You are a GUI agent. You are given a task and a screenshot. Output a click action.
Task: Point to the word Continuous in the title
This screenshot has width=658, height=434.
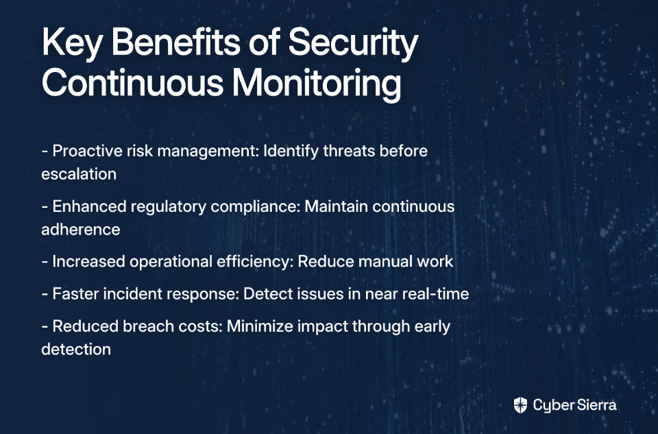coord(132,83)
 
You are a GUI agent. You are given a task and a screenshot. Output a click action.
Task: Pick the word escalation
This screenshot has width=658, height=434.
coord(79,173)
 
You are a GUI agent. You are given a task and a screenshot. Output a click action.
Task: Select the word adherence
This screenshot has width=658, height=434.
coord(81,229)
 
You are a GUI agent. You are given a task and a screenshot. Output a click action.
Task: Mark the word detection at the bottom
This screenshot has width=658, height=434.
coord(76,349)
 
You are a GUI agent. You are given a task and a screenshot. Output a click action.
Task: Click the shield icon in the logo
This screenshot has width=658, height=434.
coord(520,405)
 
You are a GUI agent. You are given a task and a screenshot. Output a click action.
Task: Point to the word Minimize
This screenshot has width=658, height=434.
coord(260,326)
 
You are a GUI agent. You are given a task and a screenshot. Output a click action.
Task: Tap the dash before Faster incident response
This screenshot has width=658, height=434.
coord(45,294)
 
